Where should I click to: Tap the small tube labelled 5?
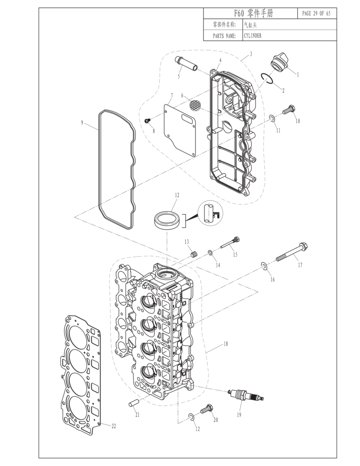[x=187, y=64]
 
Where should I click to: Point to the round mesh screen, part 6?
[x=195, y=106]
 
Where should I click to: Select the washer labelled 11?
[x=272, y=119]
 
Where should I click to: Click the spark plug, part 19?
[x=245, y=395]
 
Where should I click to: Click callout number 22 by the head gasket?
[x=114, y=426]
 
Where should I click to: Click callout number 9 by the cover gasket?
[x=82, y=122]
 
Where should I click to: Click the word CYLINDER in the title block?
[x=253, y=35]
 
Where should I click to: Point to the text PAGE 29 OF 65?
[x=316, y=13]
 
